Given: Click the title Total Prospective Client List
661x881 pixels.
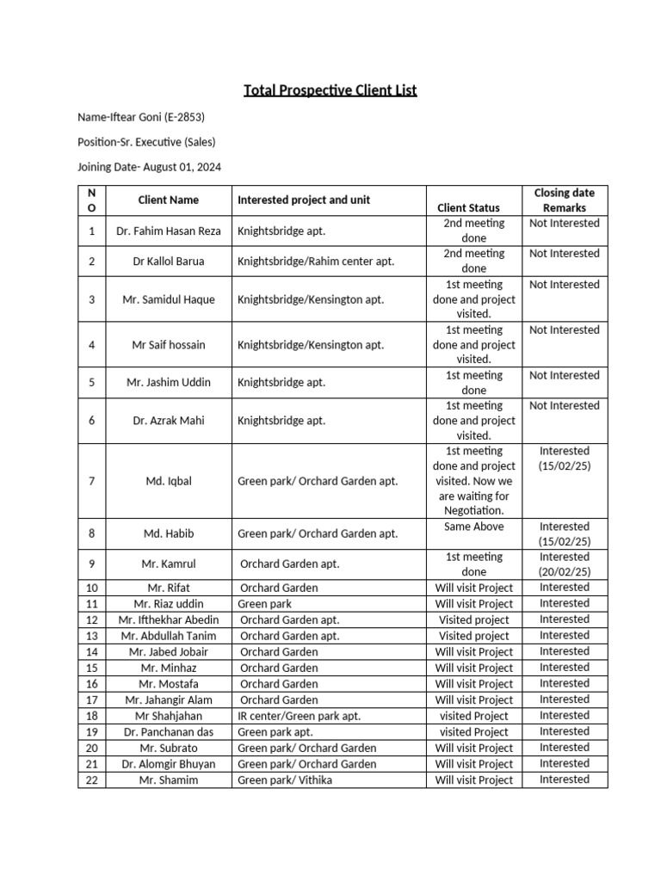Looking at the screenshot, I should click(x=330, y=89).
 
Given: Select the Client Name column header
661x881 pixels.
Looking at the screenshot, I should click(x=169, y=200).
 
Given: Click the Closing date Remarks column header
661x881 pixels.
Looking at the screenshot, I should click(x=564, y=200).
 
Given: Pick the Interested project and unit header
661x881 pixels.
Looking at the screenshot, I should click(x=304, y=200).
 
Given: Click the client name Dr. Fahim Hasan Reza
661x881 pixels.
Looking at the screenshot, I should click(x=169, y=231).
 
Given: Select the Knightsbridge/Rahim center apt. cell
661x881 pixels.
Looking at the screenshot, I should click(x=316, y=261).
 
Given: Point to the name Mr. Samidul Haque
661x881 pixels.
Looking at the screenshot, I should click(x=169, y=299).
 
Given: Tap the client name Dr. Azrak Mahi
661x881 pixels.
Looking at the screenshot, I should click(x=169, y=421).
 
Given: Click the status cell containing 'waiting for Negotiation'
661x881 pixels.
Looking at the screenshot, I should click(x=474, y=481).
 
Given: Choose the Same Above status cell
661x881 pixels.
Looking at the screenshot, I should click(x=474, y=527).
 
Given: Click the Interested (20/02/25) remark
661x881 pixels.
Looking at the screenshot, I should click(x=564, y=564).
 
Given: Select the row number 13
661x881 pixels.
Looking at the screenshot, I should click(x=92, y=636).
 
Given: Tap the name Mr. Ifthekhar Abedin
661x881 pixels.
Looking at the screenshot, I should click(x=169, y=620).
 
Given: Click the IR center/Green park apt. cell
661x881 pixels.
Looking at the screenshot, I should click(x=299, y=716).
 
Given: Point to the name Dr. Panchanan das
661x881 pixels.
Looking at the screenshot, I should click(x=169, y=732).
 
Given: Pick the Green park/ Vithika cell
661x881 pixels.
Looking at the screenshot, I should click(x=284, y=780).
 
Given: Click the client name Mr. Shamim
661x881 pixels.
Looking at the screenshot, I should click(x=169, y=780).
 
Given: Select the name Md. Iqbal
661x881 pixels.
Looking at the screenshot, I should click(x=169, y=481).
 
